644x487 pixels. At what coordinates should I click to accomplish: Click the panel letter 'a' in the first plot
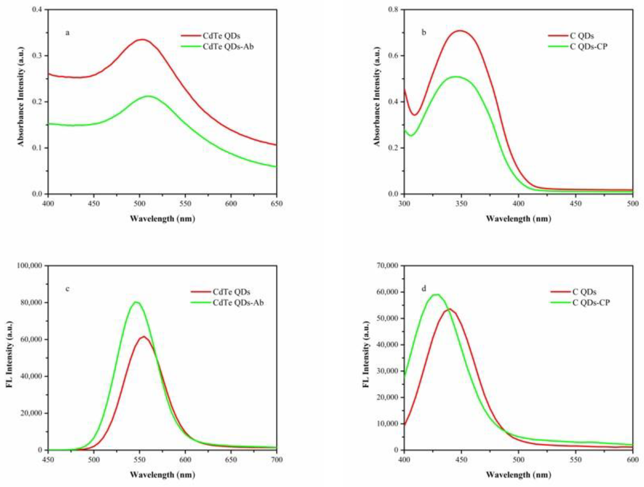68,33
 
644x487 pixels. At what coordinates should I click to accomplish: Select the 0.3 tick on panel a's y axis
37,56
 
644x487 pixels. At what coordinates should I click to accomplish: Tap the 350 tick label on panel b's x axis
461,204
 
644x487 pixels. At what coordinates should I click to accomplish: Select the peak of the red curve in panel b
460,31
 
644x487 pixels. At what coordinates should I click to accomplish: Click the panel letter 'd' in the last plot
424,289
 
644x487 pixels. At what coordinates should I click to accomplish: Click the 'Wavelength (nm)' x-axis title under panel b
519,218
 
